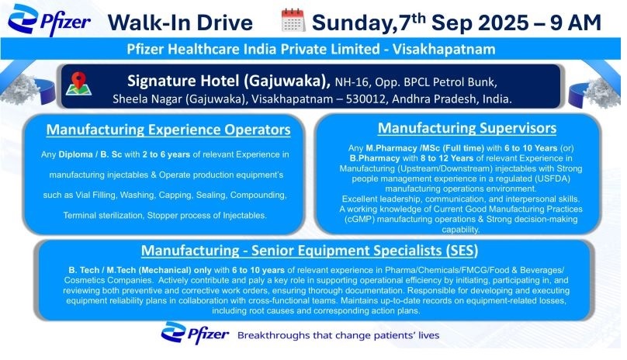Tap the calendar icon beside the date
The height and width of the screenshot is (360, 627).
coord(293,20)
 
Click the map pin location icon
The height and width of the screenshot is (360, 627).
coord(79,84)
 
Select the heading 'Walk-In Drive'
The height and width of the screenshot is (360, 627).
coord(180,22)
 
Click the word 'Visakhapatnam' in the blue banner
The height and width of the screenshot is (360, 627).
coord(444,49)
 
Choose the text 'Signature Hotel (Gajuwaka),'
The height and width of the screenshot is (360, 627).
coord(229,81)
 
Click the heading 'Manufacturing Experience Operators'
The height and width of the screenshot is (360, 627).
coord(168,130)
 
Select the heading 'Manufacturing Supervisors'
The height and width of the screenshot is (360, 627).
coord(467,128)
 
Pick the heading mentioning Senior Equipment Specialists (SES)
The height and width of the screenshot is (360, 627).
coord(310,251)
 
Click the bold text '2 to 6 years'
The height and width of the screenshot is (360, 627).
coord(166,154)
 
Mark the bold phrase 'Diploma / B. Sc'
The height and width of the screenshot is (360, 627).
coord(90,154)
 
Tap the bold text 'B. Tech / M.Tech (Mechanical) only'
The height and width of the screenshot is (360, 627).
coord(140,270)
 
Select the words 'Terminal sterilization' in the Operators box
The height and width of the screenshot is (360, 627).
coord(103,215)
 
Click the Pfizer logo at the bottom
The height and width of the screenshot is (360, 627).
coord(195,333)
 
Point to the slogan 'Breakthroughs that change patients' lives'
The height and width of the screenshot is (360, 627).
coord(338,335)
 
